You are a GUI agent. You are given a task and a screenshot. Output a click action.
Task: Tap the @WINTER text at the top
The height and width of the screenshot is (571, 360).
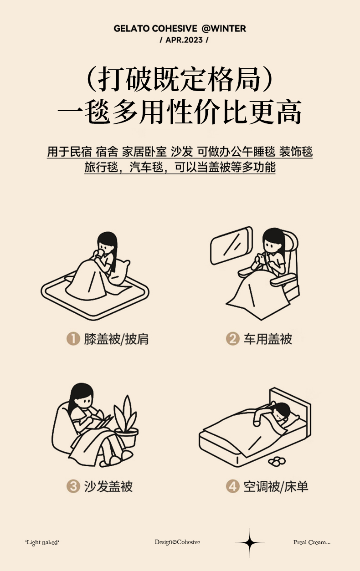224,29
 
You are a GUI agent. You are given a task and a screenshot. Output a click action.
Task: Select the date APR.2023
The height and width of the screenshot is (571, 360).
184,40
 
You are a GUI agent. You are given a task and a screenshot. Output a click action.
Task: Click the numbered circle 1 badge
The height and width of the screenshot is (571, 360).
73,339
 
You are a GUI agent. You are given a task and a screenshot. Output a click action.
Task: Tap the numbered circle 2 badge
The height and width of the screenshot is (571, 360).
233,339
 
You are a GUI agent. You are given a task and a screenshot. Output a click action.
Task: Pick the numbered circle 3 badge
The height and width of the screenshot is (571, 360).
73,486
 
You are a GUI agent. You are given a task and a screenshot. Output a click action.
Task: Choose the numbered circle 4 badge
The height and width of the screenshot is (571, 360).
233,486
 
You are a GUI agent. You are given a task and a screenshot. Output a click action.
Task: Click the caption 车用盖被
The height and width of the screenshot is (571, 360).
267,339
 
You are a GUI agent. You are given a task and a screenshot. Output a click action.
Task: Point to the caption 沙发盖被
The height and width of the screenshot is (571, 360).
108,486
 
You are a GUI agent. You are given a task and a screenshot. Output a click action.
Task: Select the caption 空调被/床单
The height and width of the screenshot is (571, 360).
276,486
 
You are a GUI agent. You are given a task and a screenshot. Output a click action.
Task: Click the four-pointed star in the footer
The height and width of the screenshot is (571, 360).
250,542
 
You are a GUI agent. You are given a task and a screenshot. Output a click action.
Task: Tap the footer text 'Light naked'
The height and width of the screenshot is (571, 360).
42,542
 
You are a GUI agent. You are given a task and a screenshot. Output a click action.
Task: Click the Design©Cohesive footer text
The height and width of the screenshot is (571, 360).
177,542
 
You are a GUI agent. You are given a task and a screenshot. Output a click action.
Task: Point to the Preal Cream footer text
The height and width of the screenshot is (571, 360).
312,542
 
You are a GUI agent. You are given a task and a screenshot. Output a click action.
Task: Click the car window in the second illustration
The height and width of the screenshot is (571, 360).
231,246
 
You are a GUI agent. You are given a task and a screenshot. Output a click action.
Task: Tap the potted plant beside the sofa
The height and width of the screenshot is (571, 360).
126,423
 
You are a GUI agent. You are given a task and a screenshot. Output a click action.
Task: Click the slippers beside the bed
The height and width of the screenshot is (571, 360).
277,461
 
